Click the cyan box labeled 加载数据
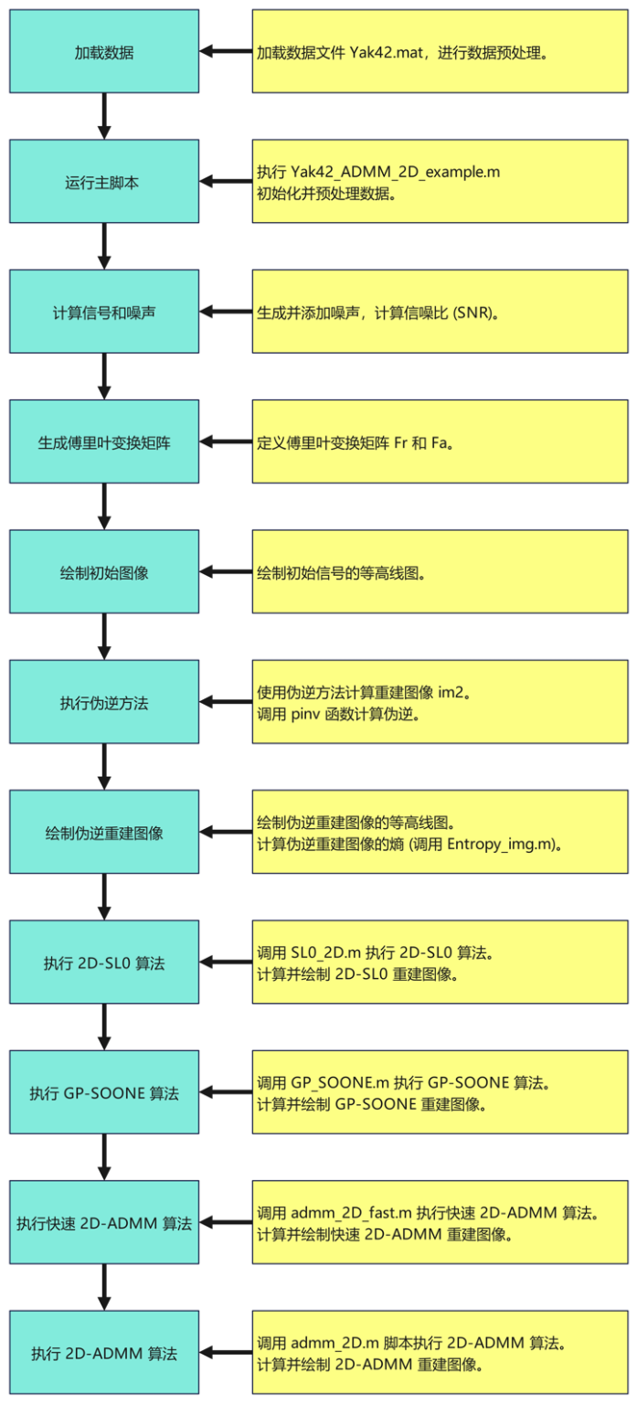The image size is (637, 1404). point(104,52)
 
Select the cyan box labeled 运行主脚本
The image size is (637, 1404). point(104,182)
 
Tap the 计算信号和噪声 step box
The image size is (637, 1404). point(104,312)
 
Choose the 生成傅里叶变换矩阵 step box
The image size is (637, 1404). point(104,442)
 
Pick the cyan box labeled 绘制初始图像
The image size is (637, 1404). point(104,572)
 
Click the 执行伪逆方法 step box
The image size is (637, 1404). point(104,702)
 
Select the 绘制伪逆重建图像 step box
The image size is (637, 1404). point(104,833)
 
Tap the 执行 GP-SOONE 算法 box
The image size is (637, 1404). point(104,1092)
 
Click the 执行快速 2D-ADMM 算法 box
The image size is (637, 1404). point(104,1223)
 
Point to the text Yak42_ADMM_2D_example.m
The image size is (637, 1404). point(395,172)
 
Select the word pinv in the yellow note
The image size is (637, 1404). point(309,714)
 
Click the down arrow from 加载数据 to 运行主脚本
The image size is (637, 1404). point(104,116)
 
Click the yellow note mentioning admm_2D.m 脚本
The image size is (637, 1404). point(441,1353)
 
